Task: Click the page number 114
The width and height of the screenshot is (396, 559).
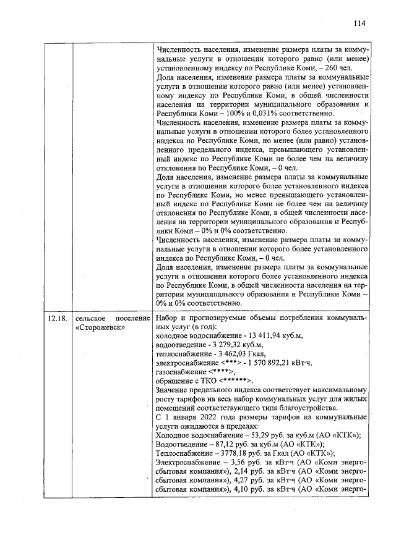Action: click(x=359, y=23)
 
